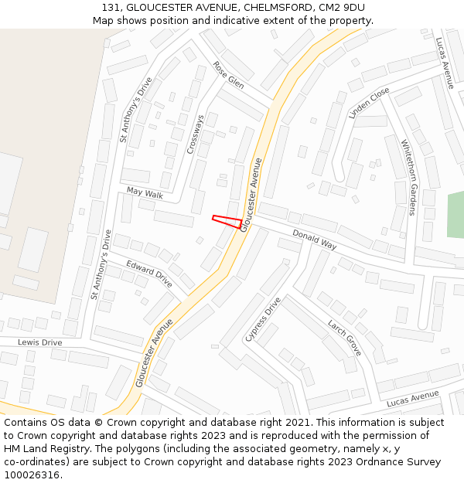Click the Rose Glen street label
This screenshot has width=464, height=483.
pyautogui.click(x=228, y=75)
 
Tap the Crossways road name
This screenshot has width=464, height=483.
pyautogui.click(x=196, y=134)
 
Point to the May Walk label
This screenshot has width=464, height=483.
pyautogui.click(x=145, y=193)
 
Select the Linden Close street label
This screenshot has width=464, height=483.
pyautogui.click(x=369, y=103)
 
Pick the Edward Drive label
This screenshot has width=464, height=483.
pyautogui.click(x=149, y=274)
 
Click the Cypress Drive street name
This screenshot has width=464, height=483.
pyautogui.click(x=262, y=319)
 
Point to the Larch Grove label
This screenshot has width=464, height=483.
pyautogui.click(x=344, y=337)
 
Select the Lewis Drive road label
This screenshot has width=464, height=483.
pyautogui.click(x=39, y=342)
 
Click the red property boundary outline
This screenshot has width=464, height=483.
pyautogui.click(x=227, y=222)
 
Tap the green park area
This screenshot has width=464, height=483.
pyautogui.click(x=455, y=214)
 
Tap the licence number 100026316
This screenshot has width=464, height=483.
pyautogui.click(x=32, y=474)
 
